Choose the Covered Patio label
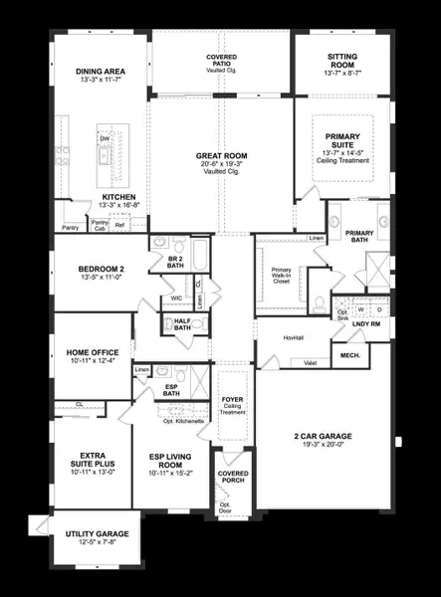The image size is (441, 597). coord(221,59)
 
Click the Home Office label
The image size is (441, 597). coord(93,352)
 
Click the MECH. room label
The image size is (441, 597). coord(349,354)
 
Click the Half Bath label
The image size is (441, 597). coord(182,323)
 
